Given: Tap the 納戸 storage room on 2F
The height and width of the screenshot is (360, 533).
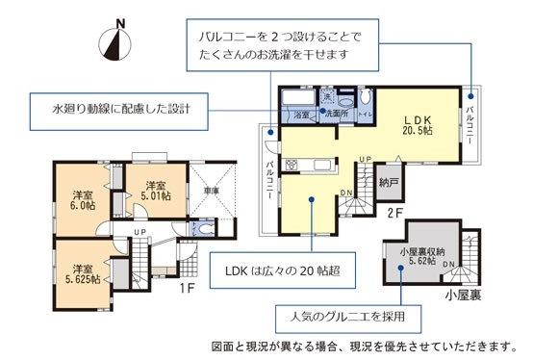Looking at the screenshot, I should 388,180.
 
